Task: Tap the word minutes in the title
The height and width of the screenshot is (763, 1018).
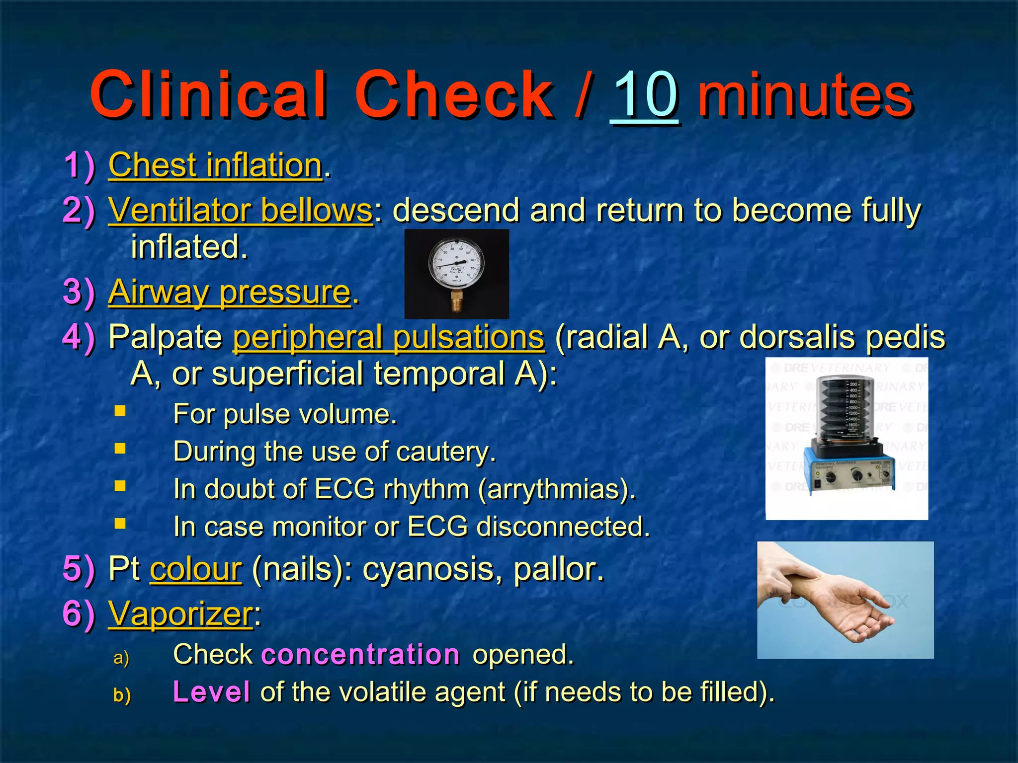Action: click(805, 95)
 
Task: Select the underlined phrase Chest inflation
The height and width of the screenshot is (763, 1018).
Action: click(215, 165)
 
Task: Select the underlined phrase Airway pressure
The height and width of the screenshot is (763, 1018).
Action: click(230, 292)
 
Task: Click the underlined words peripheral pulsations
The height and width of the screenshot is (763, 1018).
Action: click(389, 338)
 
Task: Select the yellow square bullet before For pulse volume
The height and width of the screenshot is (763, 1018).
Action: click(120, 411)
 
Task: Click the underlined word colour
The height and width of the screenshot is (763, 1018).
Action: click(196, 569)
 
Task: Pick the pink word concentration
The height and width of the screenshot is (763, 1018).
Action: click(360, 654)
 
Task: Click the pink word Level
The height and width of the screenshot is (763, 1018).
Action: click(211, 692)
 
